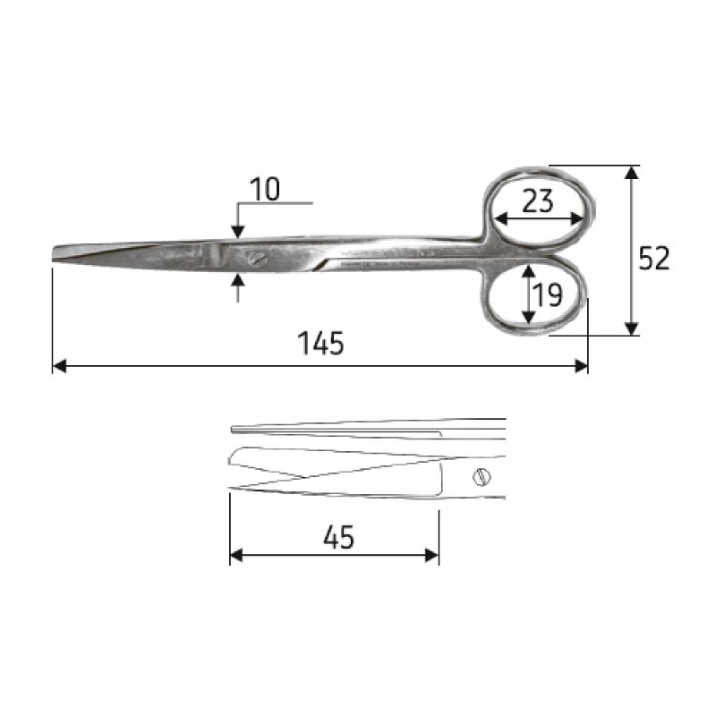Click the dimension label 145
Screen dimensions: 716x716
pyautogui.click(x=320, y=344)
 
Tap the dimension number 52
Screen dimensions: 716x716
pyautogui.click(x=653, y=258)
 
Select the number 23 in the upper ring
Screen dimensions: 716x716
pyautogui.click(x=538, y=200)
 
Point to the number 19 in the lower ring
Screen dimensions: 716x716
pyautogui.click(x=548, y=294)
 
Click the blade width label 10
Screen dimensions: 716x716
pyautogui.click(x=265, y=189)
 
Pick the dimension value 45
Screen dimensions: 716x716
pyautogui.click(x=338, y=537)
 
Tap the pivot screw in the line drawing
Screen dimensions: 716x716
pyautogui.click(x=482, y=477)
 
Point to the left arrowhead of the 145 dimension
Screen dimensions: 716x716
pyautogui.click(x=59, y=366)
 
